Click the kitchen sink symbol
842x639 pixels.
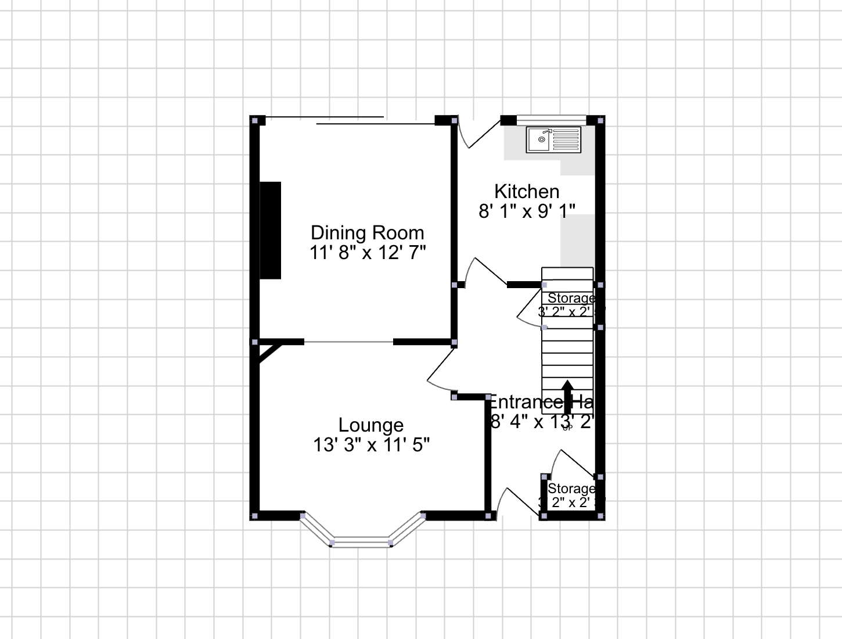pyautogui.click(x=553, y=140)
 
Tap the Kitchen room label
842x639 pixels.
pyautogui.click(x=527, y=191)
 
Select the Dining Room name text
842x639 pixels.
pyautogui.click(x=367, y=232)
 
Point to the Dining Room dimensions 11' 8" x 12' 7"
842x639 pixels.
pyautogui.click(x=368, y=253)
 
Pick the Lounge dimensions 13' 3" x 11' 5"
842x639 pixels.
pyautogui.click(x=371, y=445)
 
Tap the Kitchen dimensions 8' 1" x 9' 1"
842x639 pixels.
pyautogui.click(x=527, y=211)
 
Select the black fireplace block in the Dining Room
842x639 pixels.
pyautogui.click(x=270, y=230)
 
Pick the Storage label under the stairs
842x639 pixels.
pyautogui.click(x=571, y=298)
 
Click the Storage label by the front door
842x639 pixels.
pyautogui.click(x=571, y=489)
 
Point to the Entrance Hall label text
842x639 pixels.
pyautogui.click(x=540, y=402)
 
